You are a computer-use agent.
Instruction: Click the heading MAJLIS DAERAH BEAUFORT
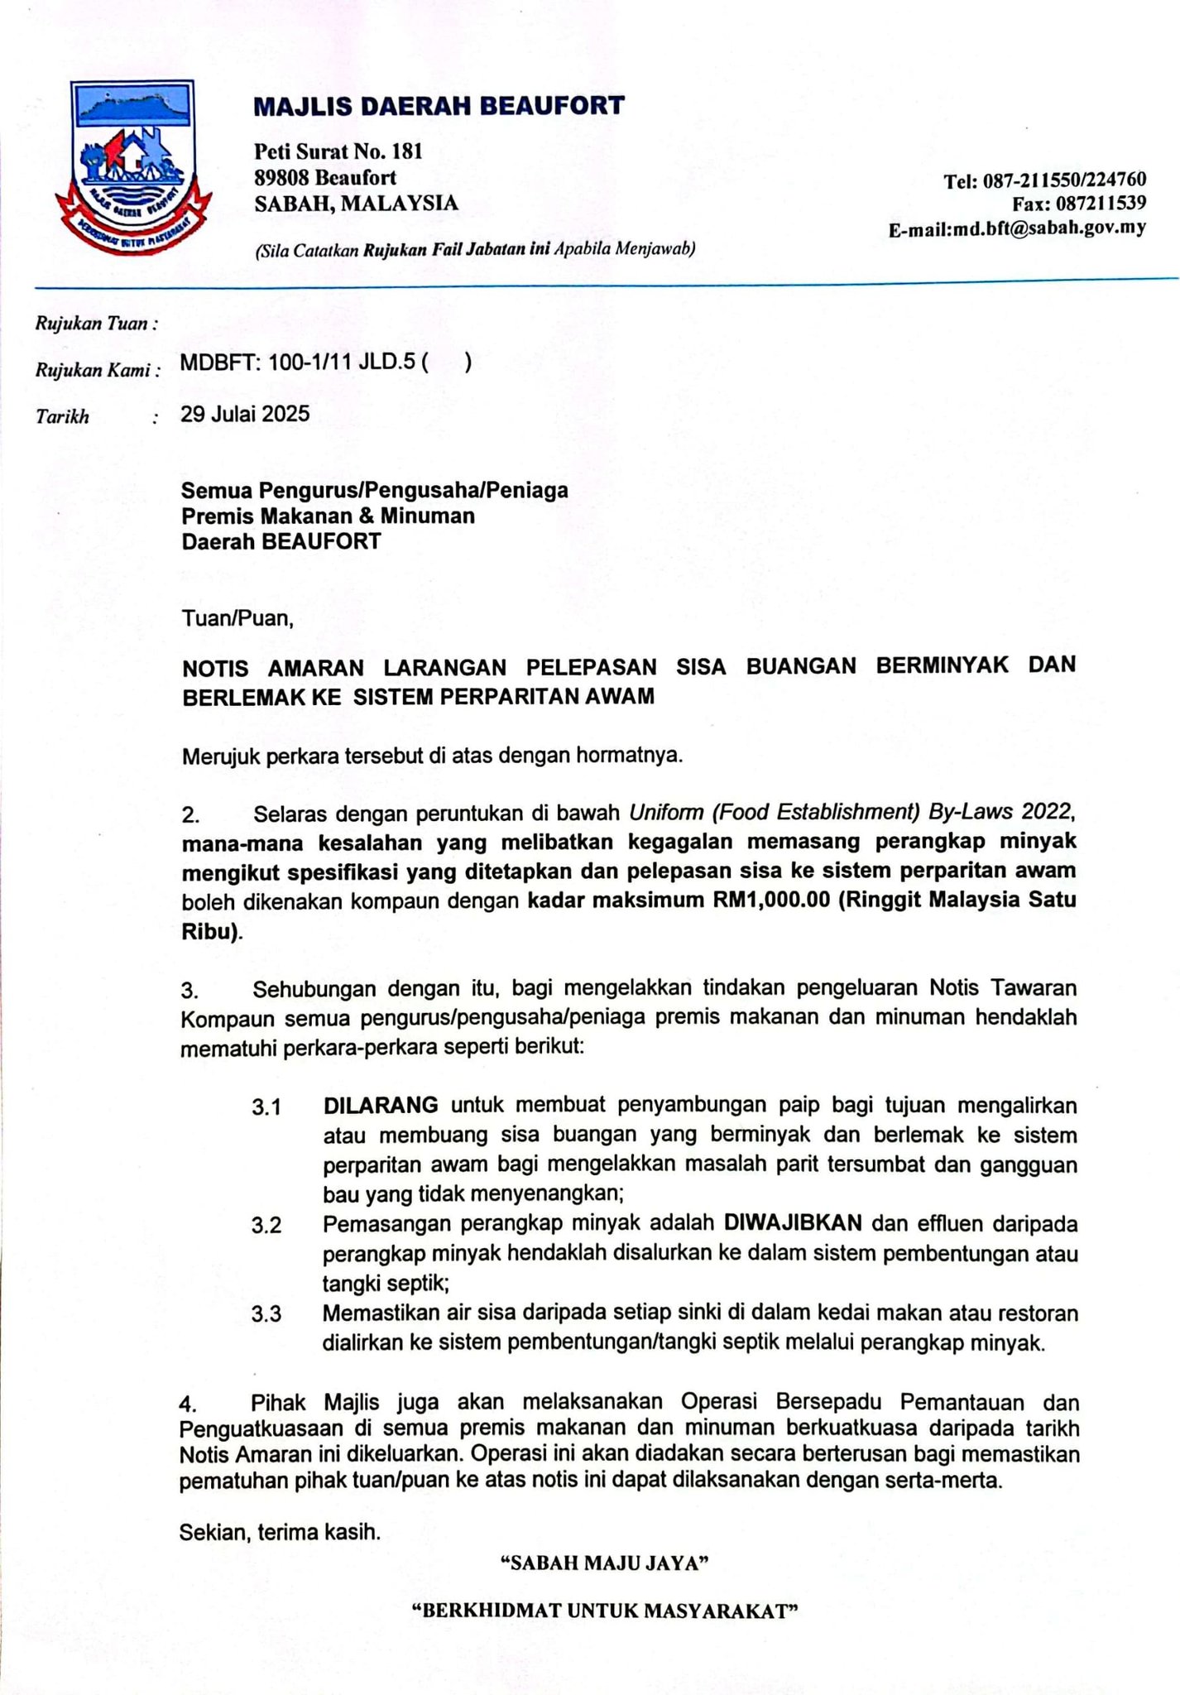click(439, 106)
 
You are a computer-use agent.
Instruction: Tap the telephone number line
click(1044, 180)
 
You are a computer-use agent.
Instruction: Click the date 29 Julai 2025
click(245, 414)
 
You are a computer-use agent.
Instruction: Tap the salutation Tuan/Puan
click(237, 618)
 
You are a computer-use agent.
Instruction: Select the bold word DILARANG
click(381, 1105)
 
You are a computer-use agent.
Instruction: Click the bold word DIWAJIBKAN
click(794, 1222)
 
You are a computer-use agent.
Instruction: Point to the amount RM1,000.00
click(770, 900)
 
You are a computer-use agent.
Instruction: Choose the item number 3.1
click(266, 1107)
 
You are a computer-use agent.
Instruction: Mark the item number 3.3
click(266, 1314)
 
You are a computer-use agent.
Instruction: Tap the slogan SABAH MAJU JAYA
click(607, 1563)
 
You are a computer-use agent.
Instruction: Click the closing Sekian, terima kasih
click(281, 1532)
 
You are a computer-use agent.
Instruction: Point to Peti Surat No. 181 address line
click(338, 151)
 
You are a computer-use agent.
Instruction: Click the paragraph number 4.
click(189, 1404)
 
